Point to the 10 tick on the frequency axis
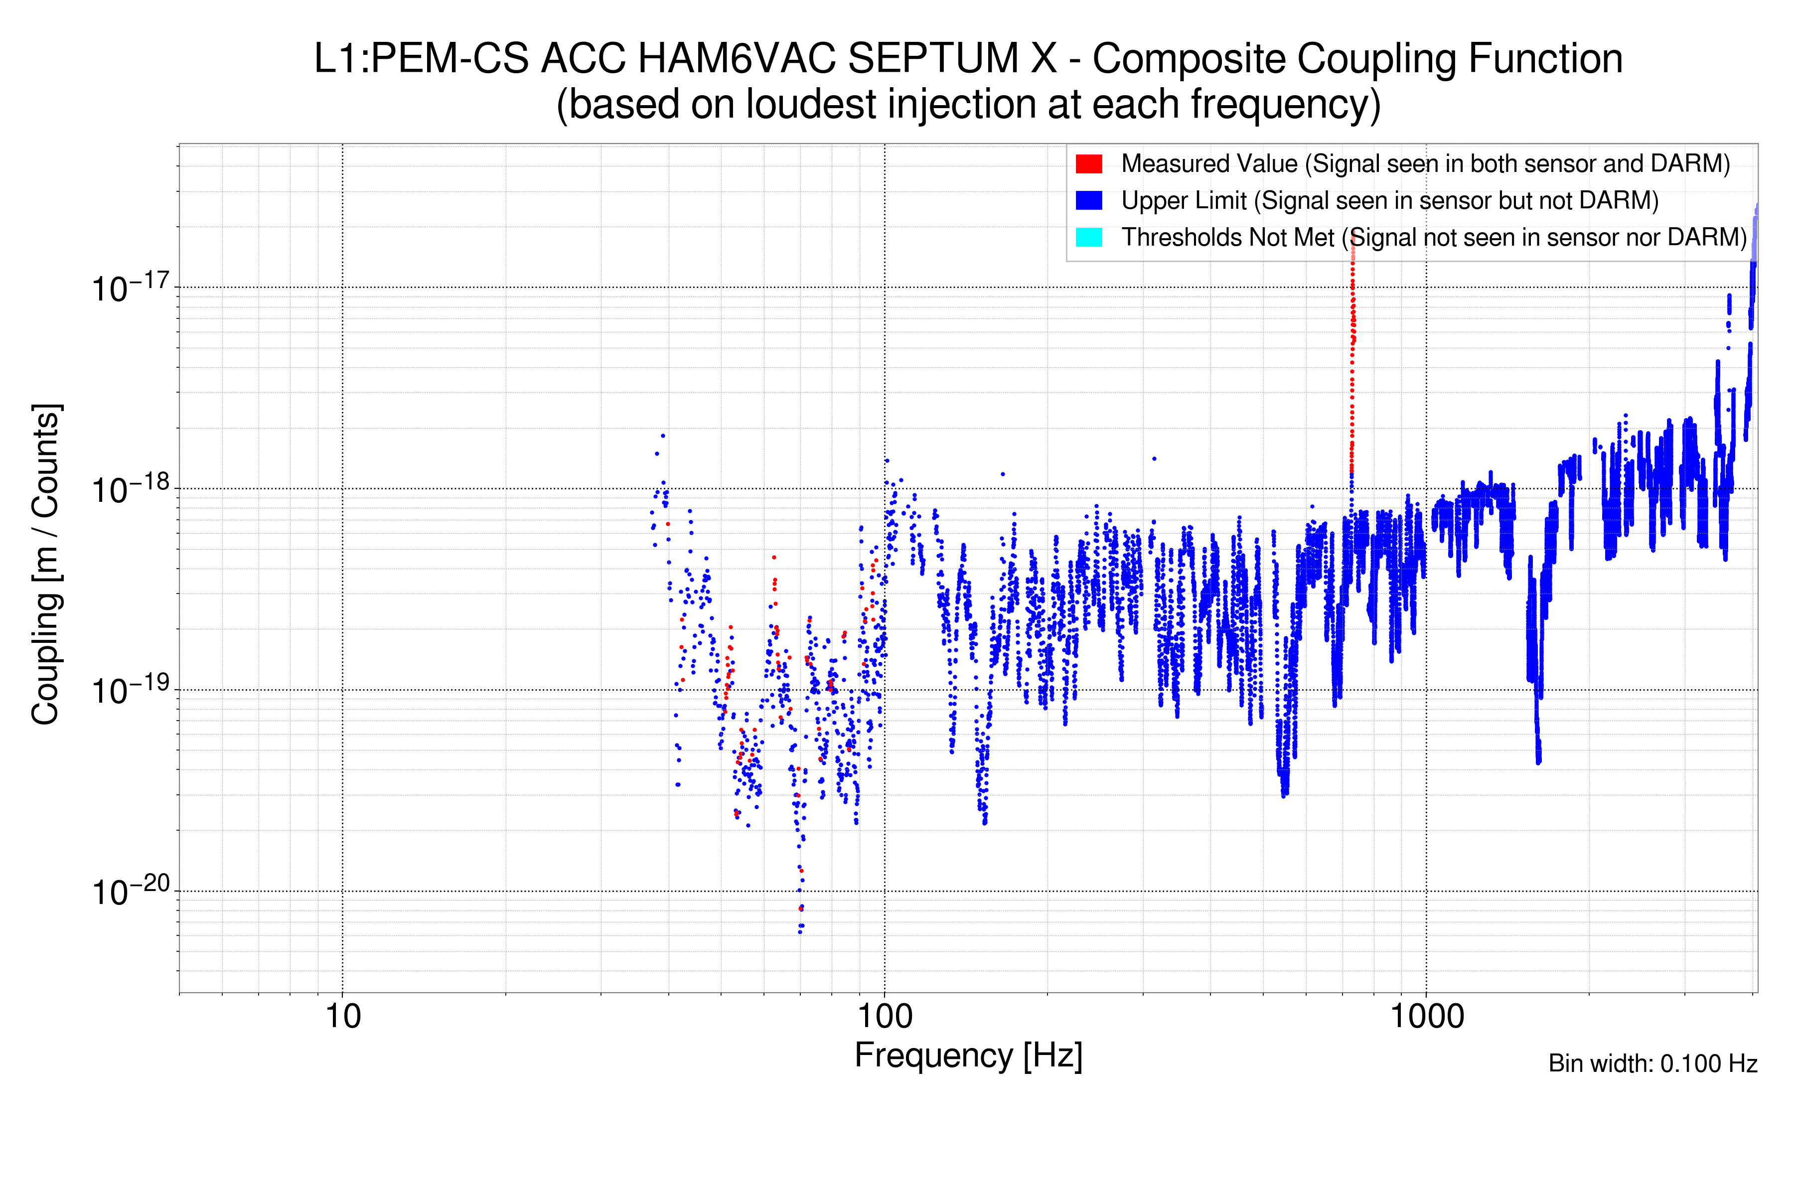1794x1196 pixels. (342, 1017)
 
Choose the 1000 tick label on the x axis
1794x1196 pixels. (1426, 1017)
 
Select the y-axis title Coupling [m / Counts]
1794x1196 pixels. (46, 565)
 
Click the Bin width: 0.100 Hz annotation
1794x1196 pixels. (1652, 1063)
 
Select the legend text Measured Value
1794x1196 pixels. (1209, 164)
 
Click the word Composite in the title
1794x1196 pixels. (1188, 59)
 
